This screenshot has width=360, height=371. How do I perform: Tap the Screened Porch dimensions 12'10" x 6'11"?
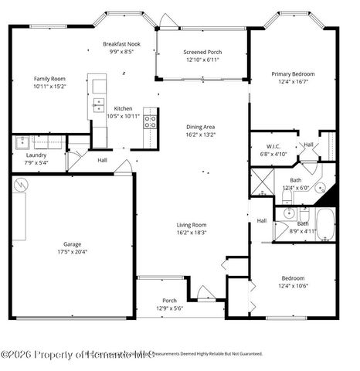(x=201, y=60)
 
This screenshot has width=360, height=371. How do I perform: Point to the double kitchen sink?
(x=98, y=105)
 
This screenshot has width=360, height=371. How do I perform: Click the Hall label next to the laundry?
(x=102, y=160)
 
